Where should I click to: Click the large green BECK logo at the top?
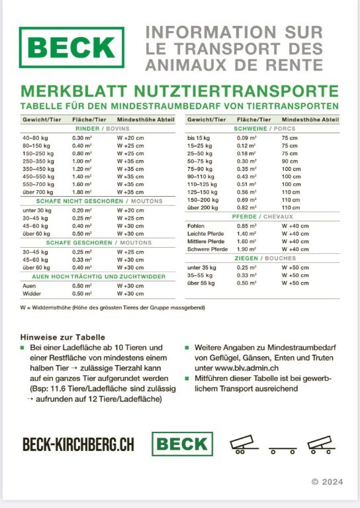(71, 48)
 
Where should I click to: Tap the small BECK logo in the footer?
(182, 444)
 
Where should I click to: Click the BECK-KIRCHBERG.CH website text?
(78, 444)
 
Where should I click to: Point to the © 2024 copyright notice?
(328, 482)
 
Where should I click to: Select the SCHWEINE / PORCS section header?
(264, 128)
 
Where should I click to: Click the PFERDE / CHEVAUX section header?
(264, 217)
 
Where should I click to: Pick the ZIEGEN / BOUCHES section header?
(264, 258)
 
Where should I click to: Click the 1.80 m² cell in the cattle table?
(81, 192)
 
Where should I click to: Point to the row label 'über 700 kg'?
(36, 192)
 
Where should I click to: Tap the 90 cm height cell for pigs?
(289, 161)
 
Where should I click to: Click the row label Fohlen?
(196, 225)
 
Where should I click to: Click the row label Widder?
(32, 293)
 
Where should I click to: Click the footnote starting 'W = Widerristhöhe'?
(112, 307)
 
